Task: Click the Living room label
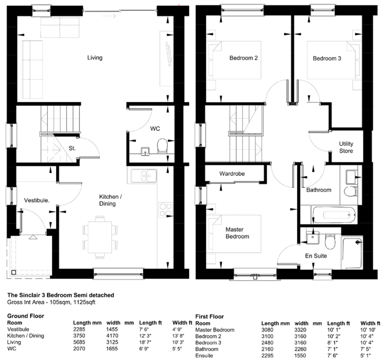[x=95, y=58]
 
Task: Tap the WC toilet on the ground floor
[x=162, y=145]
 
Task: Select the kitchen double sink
[x=144, y=176]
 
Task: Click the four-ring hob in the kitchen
[x=166, y=210]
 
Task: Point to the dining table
[x=100, y=237]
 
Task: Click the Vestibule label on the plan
[x=37, y=201]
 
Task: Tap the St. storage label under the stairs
[x=72, y=148]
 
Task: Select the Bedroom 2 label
[x=243, y=58]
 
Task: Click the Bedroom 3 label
[x=327, y=58]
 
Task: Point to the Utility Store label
[x=346, y=147]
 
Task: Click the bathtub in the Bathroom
[x=334, y=215]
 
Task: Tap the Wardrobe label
[x=232, y=174]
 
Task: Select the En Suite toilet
[x=330, y=242]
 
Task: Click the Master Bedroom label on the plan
[x=237, y=233]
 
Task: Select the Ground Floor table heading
[x=26, y=316]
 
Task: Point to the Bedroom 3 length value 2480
[x=267, y=342]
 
